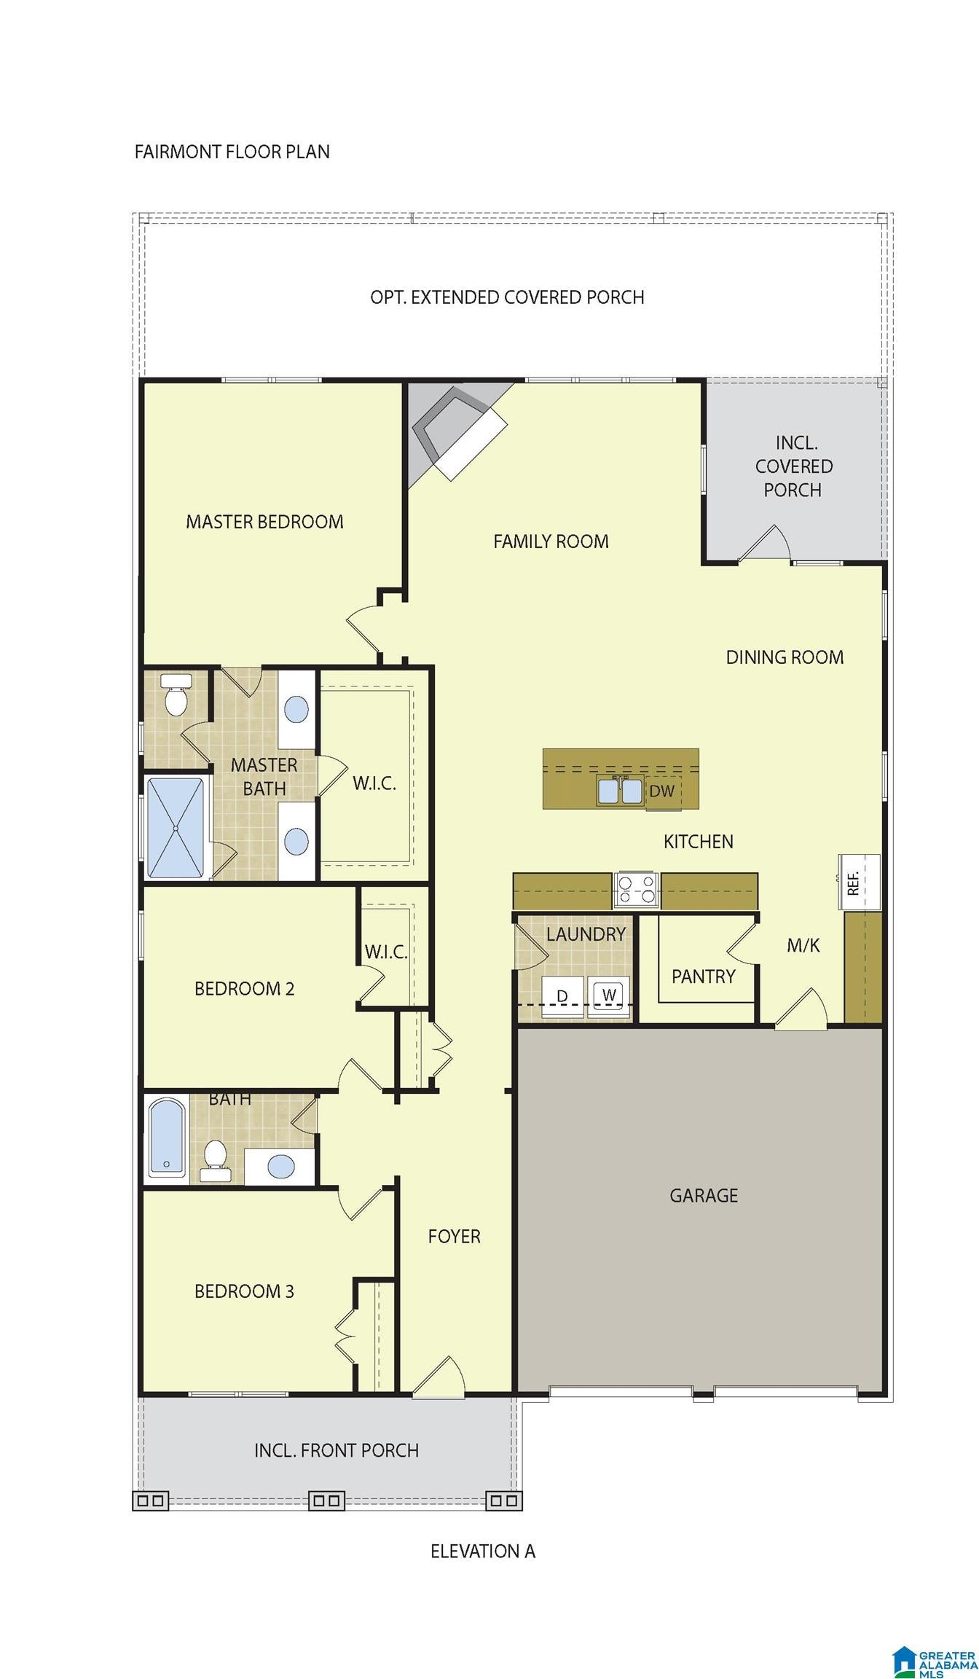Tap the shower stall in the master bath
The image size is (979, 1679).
pos(176,828)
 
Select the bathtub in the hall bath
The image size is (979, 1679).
pos(167,1138)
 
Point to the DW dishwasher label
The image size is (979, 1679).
pos(661,791)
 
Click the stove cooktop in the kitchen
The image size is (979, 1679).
pos(636,890)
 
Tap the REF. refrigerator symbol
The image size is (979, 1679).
pos(860,882)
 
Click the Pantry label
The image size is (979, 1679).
pos(704,977)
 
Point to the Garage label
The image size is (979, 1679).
pos(704,1195)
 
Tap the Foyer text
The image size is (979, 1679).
pos(454,1236)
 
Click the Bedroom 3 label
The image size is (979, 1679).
pos(244,1291)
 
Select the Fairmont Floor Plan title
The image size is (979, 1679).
pos(232,152)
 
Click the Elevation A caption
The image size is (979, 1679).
pos(483,1551)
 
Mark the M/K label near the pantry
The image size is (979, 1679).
pos(803,945)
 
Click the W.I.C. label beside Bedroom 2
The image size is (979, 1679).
pos(386,952)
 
